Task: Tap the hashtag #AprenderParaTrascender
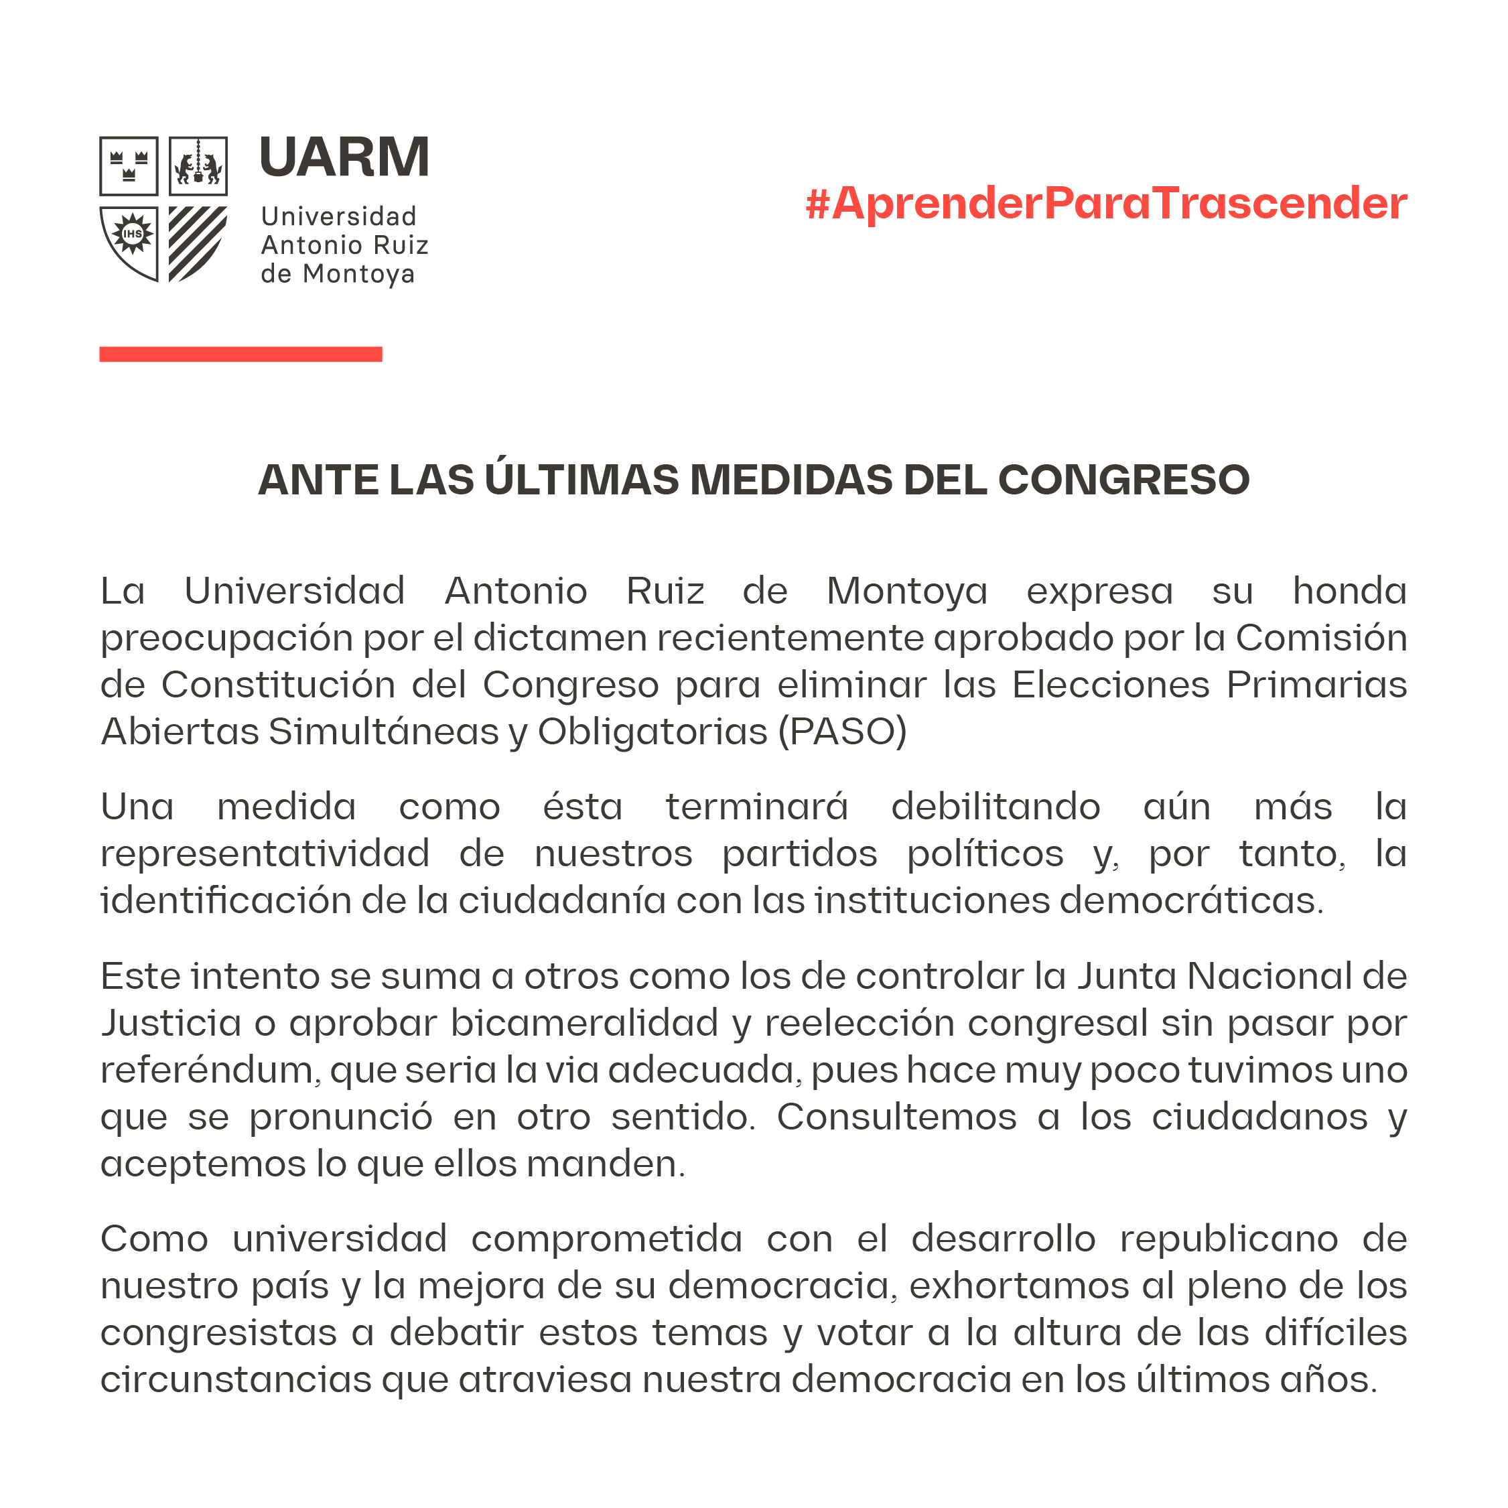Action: point(1105,204)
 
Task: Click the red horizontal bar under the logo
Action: point(241,354)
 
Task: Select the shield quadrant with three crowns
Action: point(129,165)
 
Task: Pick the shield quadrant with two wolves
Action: point(198,165)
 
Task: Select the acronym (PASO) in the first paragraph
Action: point(842,732)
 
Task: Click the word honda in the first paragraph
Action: point(1349,591)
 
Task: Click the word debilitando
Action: point(996,807)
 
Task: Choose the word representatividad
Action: point(265,854)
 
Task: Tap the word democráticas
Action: point(1190,901)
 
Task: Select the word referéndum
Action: point(210,1070)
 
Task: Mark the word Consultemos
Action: point(896,1117)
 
